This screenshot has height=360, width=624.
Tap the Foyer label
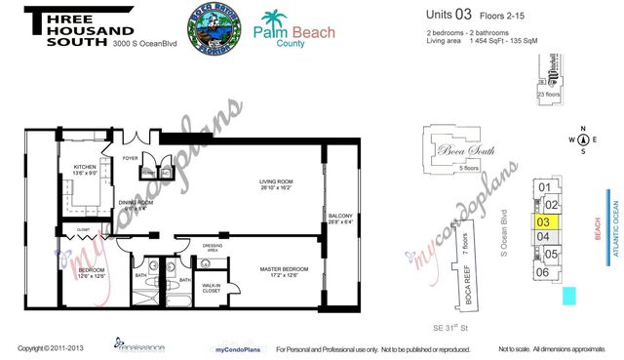click(131, 158)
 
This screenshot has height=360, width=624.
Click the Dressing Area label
click(214, 248)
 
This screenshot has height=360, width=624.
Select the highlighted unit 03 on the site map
click(544, 221)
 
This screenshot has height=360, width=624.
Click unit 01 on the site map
click(545, 187)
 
